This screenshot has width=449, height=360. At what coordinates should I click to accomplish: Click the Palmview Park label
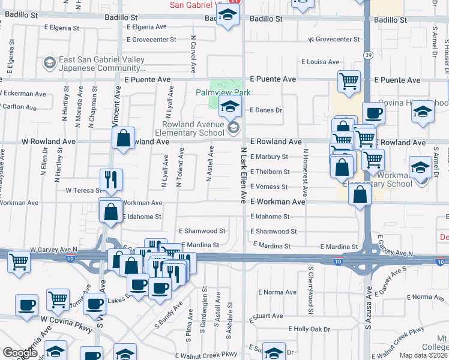pyautogui.click(x=223, y=92)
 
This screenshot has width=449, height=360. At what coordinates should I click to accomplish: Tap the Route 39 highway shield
pyautogui.click(x=367, y=54)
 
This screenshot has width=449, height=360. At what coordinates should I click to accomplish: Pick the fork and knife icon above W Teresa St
pyautogui.click(x=111, y=179)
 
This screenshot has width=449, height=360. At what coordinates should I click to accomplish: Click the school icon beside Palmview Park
pyautogui.click(x=229, y=109)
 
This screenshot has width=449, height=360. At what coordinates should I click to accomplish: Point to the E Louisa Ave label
pyautogui.click(x=321, y=62)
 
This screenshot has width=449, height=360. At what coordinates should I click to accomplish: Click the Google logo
pyautogui.click(x=20, y=353)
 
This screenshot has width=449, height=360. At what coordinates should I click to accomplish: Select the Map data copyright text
pyautogui.click(x=423, y=355)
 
